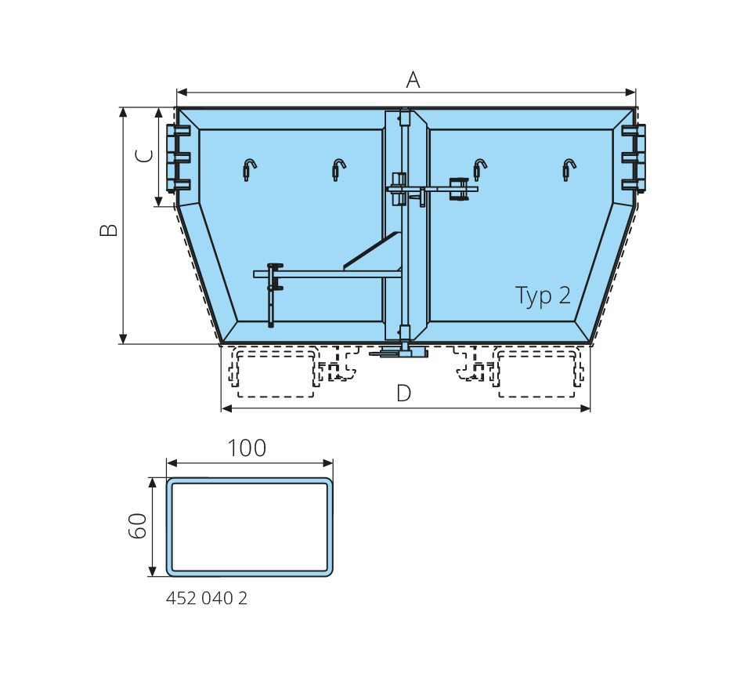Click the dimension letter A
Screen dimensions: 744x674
click(414, 80)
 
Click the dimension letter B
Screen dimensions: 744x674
click(109, 230)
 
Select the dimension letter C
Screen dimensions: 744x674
click(145, 156)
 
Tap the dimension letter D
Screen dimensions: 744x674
click(404, 393)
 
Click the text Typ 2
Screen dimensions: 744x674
click(543, 296)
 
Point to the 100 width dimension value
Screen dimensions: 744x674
click(247, 448)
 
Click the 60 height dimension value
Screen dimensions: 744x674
click(138, 525)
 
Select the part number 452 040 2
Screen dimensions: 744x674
click(207, 598)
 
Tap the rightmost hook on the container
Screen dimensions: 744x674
click(569, 169)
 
